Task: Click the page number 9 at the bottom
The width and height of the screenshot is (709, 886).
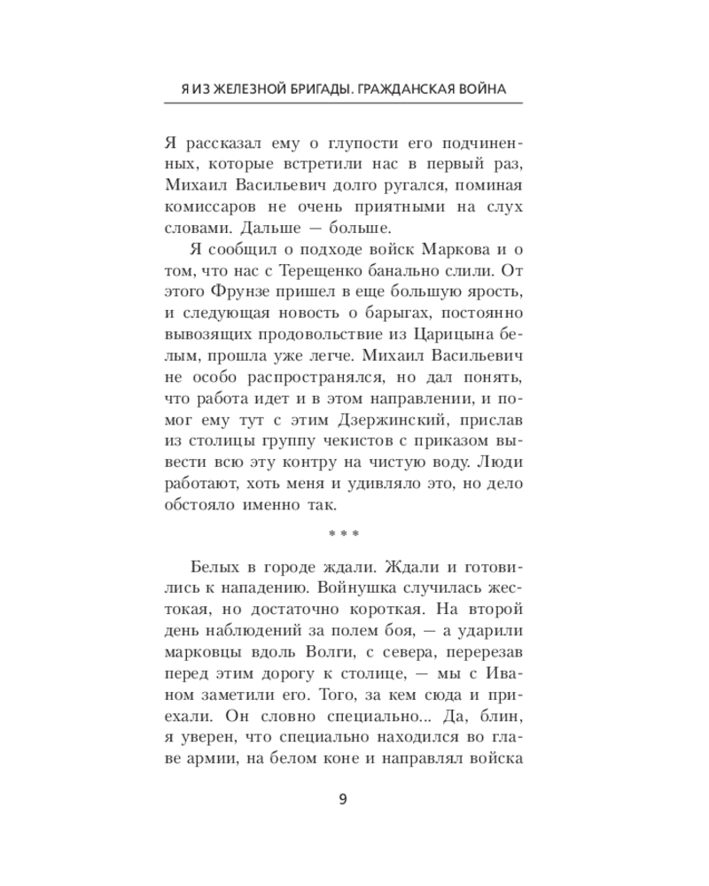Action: click(343, 799)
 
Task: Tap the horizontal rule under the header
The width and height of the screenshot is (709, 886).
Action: click(343, 105)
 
